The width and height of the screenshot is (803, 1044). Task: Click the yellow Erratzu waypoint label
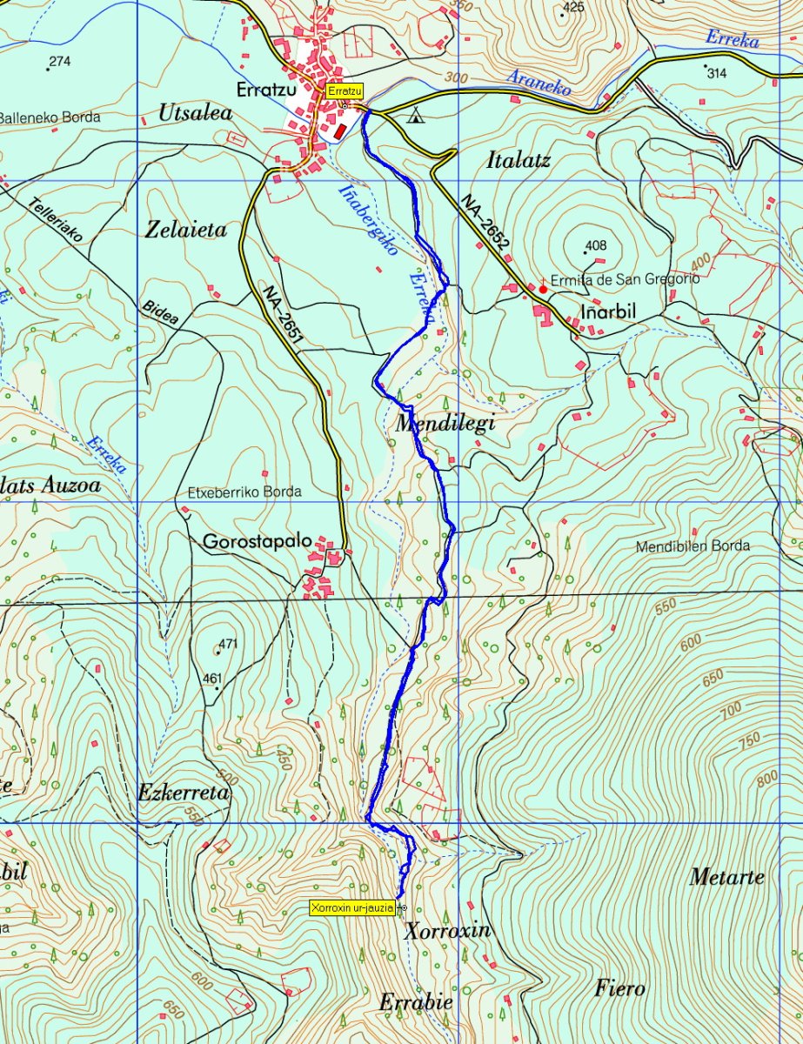[x=344, y=90]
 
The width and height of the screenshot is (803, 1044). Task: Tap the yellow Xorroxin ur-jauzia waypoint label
[x=351, y=907]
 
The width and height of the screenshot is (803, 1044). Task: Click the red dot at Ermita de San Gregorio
[x=543, y=289]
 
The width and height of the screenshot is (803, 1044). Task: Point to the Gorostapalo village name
[x=257, y=541]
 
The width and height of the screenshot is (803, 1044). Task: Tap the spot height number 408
[x=596, y=245]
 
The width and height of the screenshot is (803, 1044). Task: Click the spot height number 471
[x=228, y=644]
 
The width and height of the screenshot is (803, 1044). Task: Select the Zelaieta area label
[x=186, y=230]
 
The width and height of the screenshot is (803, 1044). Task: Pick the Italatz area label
[x=519, y=160]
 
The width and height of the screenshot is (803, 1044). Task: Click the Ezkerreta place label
[x=183, y=793]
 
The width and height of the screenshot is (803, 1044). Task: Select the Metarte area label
[x=726, y=877]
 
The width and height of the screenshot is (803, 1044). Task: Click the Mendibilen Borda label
[x=693, y=546]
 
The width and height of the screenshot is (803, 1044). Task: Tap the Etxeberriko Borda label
[x=244, y=492]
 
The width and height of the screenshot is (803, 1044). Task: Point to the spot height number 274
[x=59, y=61]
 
